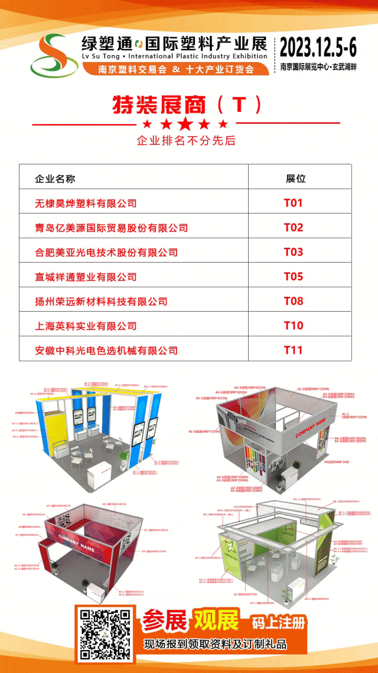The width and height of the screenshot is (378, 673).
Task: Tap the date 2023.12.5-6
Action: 327,46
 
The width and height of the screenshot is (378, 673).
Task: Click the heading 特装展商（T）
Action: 187,105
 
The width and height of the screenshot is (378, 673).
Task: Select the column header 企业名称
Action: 55,179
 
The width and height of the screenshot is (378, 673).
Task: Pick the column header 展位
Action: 295,179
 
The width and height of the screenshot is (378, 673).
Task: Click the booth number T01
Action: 294,203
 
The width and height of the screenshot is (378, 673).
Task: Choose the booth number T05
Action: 294,277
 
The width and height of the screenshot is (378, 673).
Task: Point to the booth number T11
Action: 294,350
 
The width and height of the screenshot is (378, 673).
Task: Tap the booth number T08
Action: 294,301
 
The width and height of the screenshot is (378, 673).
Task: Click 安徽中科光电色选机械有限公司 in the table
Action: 106,350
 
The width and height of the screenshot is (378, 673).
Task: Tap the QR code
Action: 105,635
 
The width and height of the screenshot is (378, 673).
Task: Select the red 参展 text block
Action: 164,622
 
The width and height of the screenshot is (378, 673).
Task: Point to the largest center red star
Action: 185,124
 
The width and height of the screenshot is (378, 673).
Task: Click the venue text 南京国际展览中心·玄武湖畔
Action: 327,67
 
